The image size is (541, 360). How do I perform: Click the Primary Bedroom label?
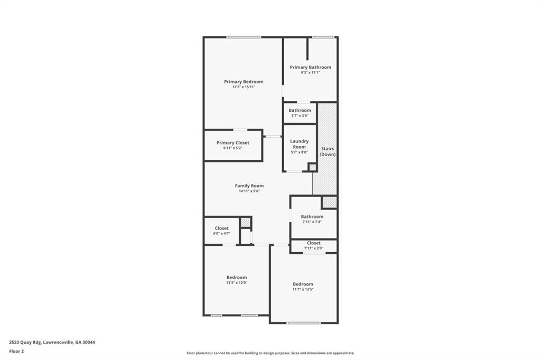click(244, 82)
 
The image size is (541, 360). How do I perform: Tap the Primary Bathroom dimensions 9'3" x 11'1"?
click(310, 73)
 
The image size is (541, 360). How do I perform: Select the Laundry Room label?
click(299, 144)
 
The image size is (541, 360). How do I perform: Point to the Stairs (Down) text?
click(328, 151)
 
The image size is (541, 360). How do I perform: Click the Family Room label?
click(249, 186)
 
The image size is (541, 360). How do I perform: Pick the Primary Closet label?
click(232, 143)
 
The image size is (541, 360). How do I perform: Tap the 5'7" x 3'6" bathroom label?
click(300, 116)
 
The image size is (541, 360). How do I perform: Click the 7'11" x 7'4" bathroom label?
click(312, 222)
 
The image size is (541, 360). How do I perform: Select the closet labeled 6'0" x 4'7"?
click(221, 233)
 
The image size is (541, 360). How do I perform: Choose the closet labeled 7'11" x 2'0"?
click(313, 248)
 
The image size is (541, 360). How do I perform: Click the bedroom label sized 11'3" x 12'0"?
click(236, 282)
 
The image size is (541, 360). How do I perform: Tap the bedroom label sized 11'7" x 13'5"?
click(303, 289)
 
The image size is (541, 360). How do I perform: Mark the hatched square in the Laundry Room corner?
click(312, 167)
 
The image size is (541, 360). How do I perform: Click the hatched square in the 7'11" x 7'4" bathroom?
click(329, 202)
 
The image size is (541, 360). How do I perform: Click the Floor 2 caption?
click(17, 351)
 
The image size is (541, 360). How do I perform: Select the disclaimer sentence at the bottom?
click(270, 353)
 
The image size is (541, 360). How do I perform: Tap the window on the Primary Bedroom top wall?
click(244, 37)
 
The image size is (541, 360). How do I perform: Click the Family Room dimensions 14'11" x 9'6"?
click(249, 191)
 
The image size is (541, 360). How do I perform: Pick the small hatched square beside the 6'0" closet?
click(245, 222)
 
